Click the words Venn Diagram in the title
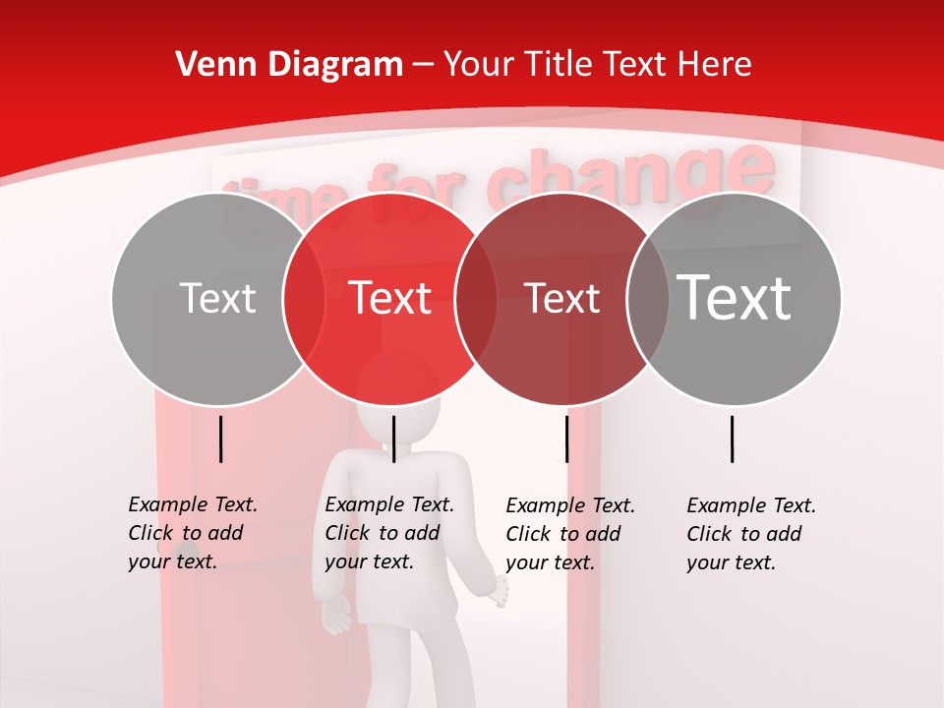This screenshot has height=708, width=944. pos(289,65)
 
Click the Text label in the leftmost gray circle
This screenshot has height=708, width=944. pos(217,298)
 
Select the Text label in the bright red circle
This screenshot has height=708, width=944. pos(390,298)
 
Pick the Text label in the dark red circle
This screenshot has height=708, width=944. pos(561,298)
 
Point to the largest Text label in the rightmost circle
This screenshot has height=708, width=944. pos(735,298)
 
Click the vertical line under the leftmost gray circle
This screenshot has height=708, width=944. pos(220,439)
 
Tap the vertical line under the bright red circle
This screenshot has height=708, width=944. pos(393,439)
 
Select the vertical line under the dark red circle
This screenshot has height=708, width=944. pos(566,439)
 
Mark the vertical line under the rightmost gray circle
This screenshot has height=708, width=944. pos(733,439)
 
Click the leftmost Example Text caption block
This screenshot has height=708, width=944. pos(193,533)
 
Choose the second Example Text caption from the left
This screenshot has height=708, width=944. pos(389,533)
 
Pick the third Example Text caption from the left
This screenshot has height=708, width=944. pos(570,534)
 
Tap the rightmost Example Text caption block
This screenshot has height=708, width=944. pos(751,534)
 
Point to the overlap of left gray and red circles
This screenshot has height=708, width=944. pos(303,299)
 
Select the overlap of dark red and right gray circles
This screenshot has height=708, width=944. pos(648,299)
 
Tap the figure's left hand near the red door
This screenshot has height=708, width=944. pos(337,616)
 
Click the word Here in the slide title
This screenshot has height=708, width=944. pos(714,65)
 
